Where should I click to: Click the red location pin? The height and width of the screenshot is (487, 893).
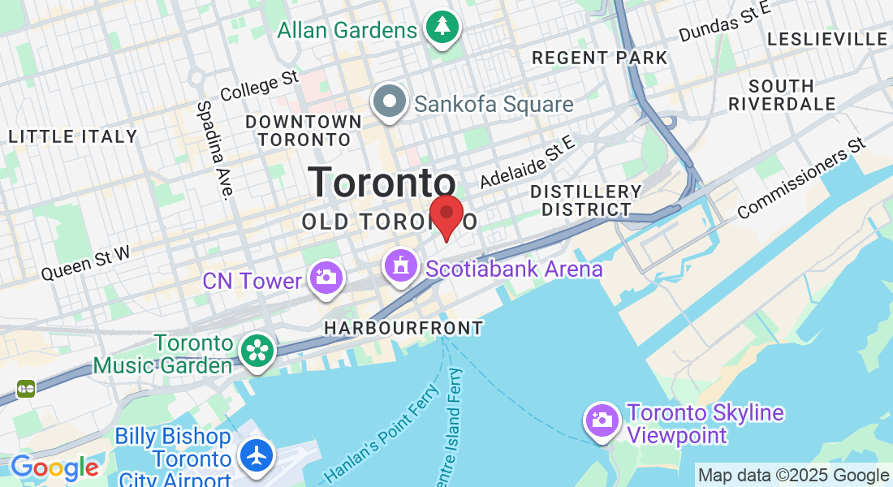[446, 213]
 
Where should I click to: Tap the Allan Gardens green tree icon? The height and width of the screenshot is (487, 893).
[442, 28]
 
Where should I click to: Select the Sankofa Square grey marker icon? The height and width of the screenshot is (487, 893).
[390, 102]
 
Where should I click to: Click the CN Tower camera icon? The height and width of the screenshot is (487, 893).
[326, 277]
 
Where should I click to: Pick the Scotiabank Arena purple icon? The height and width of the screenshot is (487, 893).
[400, 266]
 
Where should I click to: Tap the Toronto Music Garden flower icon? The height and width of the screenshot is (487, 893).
[258, 351]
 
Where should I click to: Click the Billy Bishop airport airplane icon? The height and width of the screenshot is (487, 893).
[257, 455]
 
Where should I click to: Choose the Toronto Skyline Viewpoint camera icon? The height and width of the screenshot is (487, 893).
[602, 420]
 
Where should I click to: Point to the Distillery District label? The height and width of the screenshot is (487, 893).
[585, 200]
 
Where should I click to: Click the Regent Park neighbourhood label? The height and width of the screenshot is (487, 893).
[599, 58]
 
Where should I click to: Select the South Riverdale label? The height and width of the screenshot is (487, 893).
[782, 95]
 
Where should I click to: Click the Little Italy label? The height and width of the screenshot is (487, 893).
[73, 136]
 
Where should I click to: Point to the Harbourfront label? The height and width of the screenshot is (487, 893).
[403, 328]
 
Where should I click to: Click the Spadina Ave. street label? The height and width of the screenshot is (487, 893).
[214, 149]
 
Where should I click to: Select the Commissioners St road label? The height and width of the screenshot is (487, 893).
[802, 180]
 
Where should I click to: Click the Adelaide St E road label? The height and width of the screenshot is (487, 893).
[527, 162]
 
